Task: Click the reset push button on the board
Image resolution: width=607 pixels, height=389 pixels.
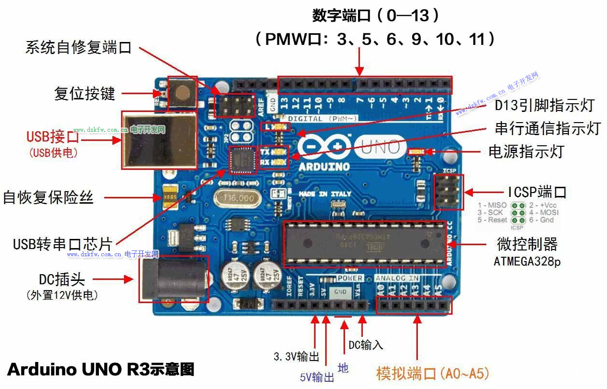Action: [x=182, y=92]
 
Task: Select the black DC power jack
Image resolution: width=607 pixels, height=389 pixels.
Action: [x=171, y=279]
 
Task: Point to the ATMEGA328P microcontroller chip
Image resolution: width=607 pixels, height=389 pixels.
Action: [x=364, y=244]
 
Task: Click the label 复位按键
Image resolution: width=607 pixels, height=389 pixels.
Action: [x=85, y=94]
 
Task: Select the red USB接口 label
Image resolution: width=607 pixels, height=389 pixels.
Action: [x=53, y=137]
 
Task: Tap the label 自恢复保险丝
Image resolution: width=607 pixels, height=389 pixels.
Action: [x=48, y=197]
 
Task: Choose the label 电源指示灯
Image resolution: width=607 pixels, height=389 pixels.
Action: [x=526, y=152]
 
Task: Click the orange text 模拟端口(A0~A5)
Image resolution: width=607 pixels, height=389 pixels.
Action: [x=433, y=373]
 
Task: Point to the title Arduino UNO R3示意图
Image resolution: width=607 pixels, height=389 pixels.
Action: [x=101, y=370]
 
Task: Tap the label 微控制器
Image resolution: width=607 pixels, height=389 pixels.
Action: [x=527, y=244]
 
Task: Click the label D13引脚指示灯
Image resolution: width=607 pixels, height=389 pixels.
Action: [x=544, y=105]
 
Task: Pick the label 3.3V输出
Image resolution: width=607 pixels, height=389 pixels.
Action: [x=296, y=357]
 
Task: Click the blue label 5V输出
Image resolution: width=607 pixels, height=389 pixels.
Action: [x=317, y=377]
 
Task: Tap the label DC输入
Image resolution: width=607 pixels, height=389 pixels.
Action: [x=366, y=345]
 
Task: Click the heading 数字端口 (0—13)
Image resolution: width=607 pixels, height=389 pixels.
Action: [x=376, y=16]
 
